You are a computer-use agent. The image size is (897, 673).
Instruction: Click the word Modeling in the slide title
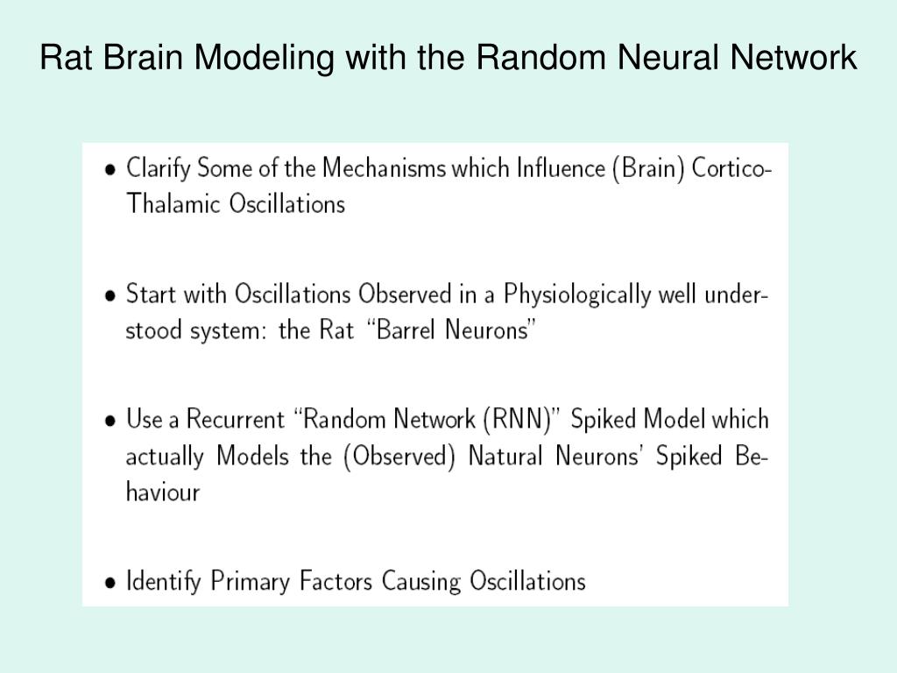pyautogui.click(x=263, y=59)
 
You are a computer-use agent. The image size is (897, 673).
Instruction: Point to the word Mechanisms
pyautogui.click(x=384, y=167)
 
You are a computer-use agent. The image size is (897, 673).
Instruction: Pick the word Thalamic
pyautogui.click(x=173, y=204)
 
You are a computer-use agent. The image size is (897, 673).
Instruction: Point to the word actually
pyautogui.click(x=165, y=457)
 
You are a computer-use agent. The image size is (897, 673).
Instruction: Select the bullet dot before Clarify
pyautogui.click(x=110, y=170)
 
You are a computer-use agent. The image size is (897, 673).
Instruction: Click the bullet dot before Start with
pyautogui.click(x=110, y=296)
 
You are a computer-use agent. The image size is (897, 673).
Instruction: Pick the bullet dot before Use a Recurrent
pyautogui.click(x=110, y=422)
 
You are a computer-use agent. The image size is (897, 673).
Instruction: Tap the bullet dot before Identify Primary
pyautogui.click(x=110, y=583)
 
